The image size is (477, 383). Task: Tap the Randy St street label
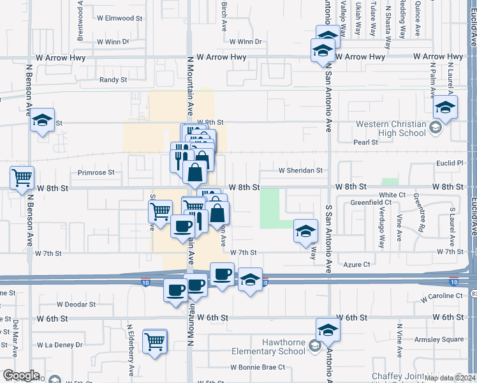[x=114, y=80]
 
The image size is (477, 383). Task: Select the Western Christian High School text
[x=392, y=128]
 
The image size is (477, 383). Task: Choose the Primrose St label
[x=96, y=172]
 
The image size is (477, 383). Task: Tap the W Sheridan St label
[x=301, y=171]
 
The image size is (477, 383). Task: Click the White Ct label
[x=392, y=195]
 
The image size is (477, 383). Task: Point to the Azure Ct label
[x=356, y=264]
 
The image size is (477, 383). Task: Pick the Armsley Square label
[x=444, y=340]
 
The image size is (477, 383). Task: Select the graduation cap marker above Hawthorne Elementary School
[x=328, y=331]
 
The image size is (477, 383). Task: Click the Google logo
[x=20, y=375]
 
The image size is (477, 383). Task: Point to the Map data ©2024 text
[x=446, y=377]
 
